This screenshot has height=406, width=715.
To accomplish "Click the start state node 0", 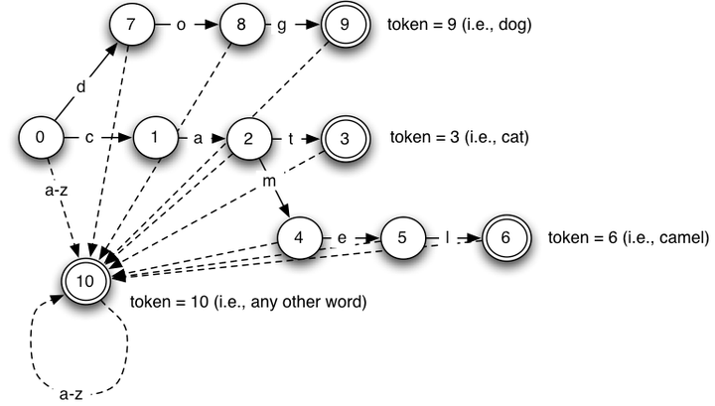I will point(41,138).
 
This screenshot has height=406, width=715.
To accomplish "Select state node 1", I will point(156,138).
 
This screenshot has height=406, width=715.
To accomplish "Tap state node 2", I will point(245,139).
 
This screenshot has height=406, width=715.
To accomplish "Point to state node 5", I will point(402,238).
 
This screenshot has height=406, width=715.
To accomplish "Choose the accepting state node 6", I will point(505,238).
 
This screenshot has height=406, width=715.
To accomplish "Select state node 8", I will point(242,25).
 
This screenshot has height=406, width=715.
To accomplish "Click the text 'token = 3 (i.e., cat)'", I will point(456,137).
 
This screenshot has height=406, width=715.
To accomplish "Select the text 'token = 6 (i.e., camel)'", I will point(628,238).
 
